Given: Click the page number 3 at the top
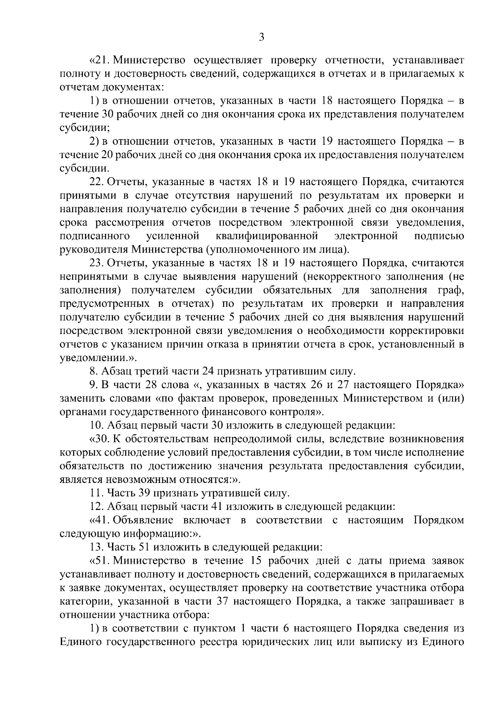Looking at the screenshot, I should point(261,38).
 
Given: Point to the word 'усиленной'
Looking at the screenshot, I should point(172,236).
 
